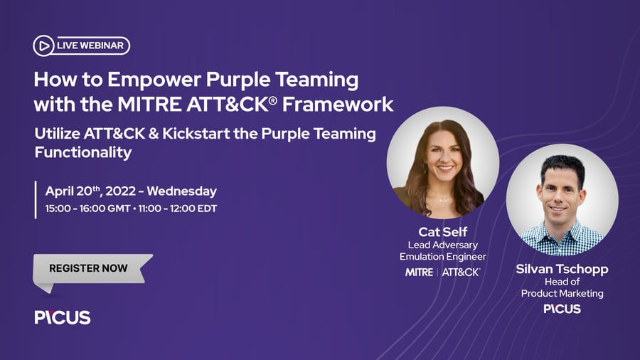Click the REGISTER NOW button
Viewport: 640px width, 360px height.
[89, 268]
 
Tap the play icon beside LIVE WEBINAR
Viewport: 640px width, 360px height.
[43, 46]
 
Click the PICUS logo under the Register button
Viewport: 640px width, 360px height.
[63, 317]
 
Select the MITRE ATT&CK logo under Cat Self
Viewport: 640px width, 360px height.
[442, 272]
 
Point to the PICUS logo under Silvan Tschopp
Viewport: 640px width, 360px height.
[562, 309]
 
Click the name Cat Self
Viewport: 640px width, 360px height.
[442, 231]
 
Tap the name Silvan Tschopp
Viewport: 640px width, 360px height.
[562, 270]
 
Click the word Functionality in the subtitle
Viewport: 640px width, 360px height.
[83, 152]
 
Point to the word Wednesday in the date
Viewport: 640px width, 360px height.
[183, 191]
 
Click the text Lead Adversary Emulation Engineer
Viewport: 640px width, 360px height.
[442, 251]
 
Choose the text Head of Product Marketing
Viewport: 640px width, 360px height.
[562, 287]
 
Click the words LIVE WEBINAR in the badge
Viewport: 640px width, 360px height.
[90, 46]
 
